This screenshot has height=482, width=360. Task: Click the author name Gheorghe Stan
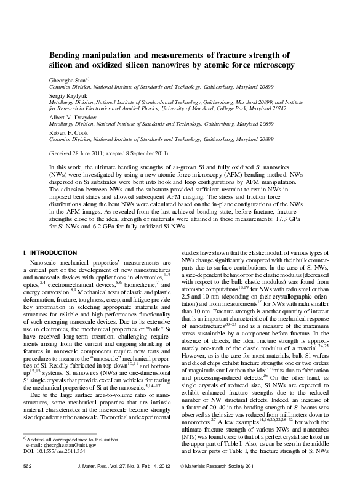(67, 80)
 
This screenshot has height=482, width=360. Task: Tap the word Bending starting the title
(66, 55)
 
